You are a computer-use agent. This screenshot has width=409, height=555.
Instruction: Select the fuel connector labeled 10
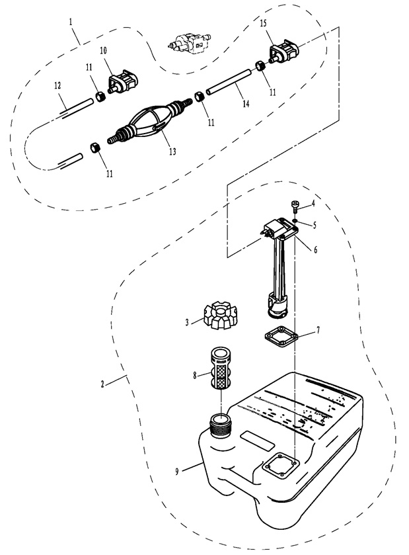pos(122,81)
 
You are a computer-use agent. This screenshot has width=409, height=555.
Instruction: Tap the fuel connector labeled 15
pos(284,53)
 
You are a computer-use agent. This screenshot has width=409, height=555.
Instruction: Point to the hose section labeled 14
pos(229,83)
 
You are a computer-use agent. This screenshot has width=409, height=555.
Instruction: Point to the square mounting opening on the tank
pos(281,466)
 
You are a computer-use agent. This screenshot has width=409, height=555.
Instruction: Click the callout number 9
pos(177,472)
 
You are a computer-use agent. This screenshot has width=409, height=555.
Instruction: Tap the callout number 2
pos(102,384)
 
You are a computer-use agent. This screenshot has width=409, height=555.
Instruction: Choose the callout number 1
pos(71,22)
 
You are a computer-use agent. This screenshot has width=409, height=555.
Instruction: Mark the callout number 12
pos(57,85)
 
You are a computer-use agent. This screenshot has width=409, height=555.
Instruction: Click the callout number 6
pos(316,249)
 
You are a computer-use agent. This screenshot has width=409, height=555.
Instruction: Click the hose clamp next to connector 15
pos(260,65)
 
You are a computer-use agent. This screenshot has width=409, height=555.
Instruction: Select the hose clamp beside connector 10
pos(100,96)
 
